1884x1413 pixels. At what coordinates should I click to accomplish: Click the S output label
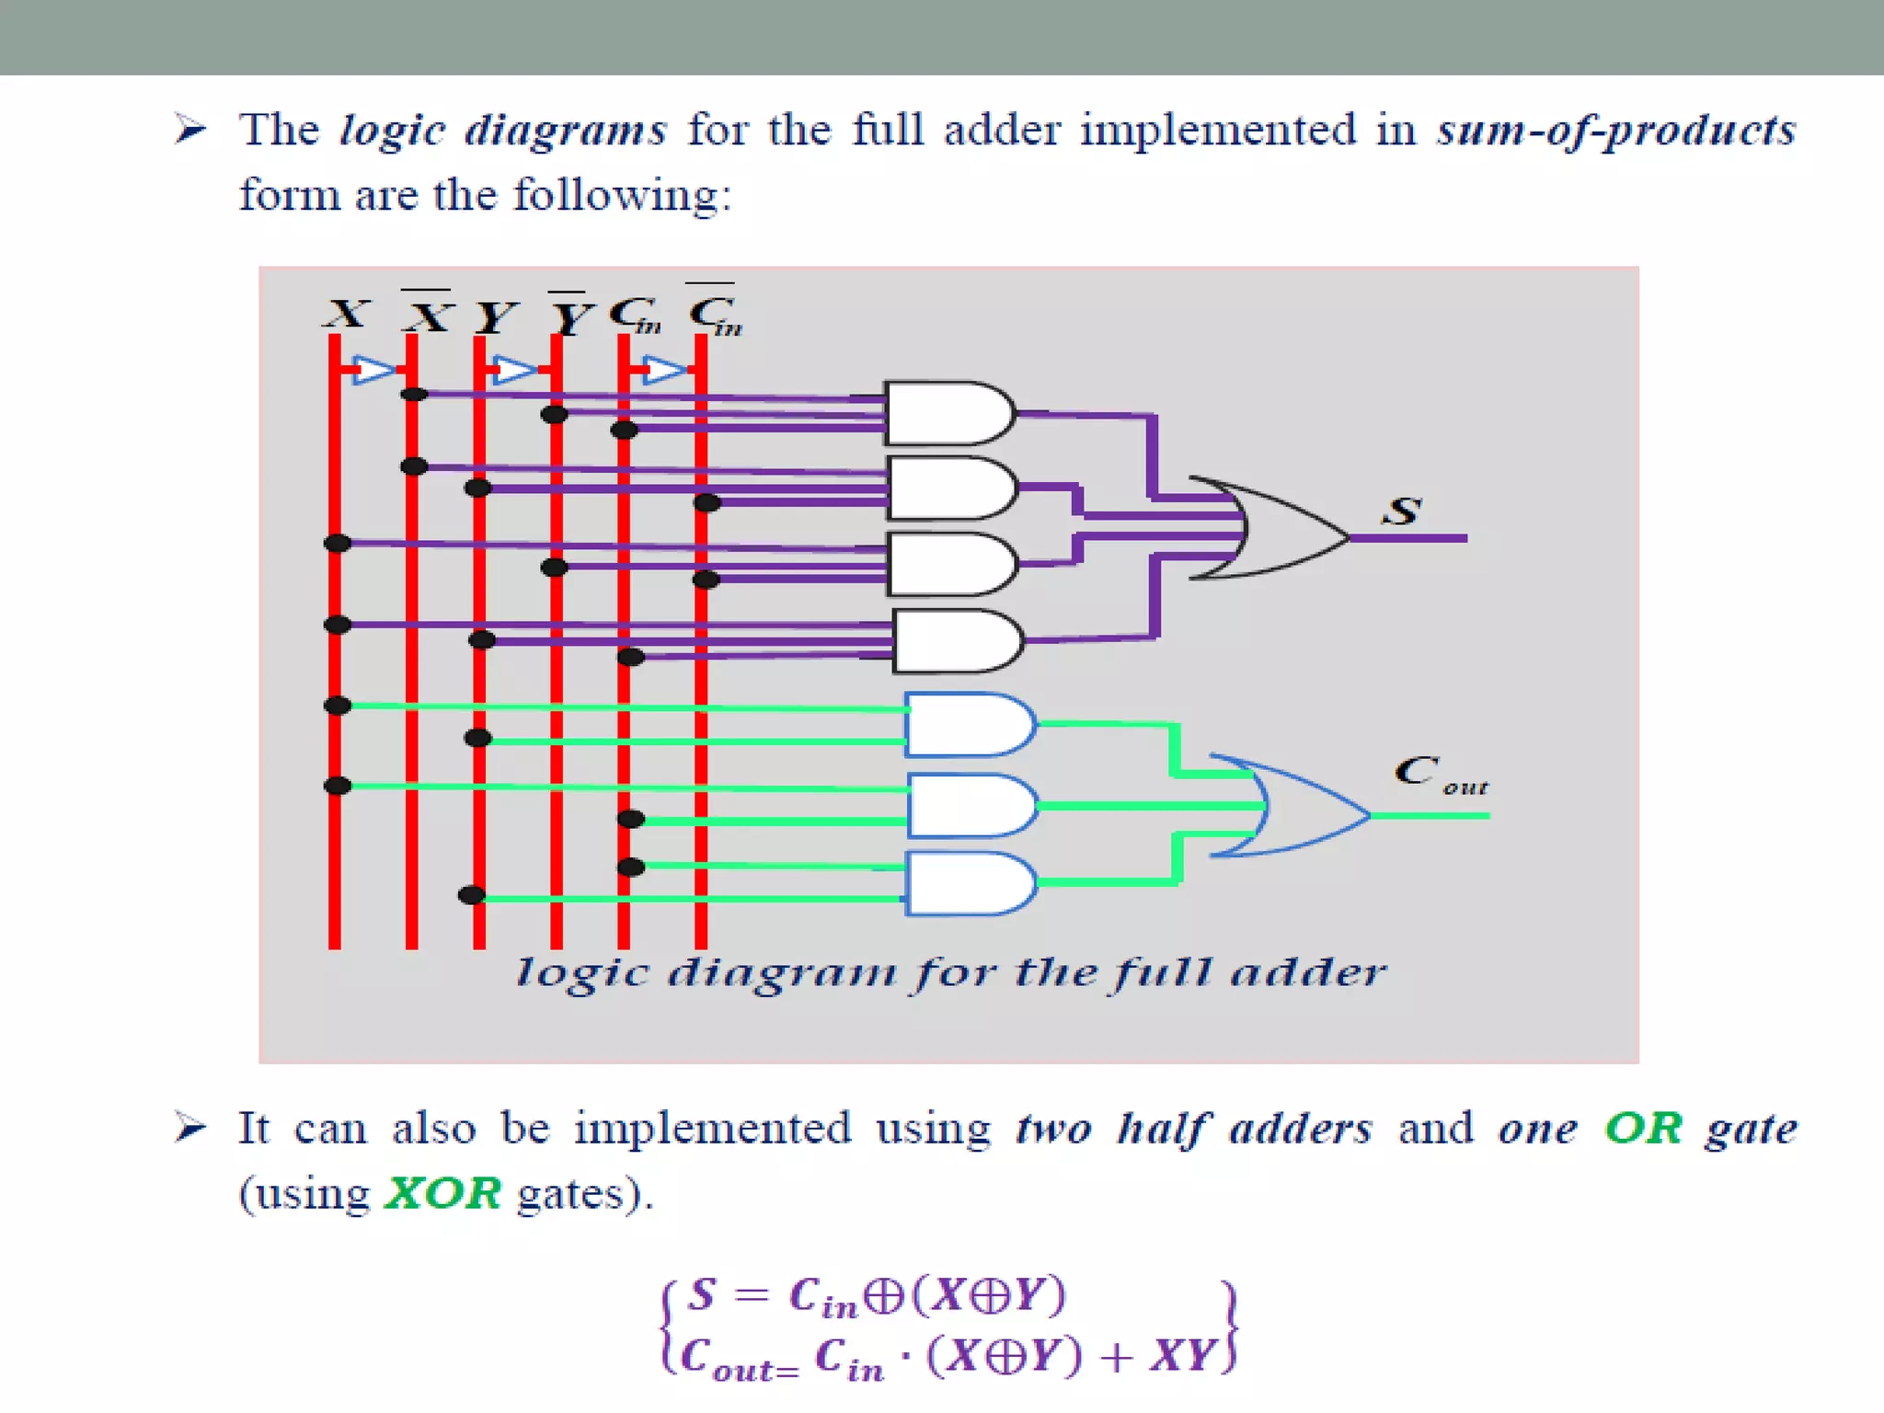[1402, 511]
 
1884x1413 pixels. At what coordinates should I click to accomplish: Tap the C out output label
[1440, 775]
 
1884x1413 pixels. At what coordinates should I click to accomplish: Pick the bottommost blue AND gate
[971, 883]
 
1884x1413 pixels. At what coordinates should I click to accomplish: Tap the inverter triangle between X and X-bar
[373, 370]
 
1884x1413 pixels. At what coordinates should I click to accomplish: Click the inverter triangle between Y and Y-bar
[513, 370]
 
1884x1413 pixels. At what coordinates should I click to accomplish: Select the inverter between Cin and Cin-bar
[662, 370]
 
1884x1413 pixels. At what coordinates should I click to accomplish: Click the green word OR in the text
[1643, 1128]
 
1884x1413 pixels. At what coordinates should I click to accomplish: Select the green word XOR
[443, 1194]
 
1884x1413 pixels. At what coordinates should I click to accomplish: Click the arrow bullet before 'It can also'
[190, 1127]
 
